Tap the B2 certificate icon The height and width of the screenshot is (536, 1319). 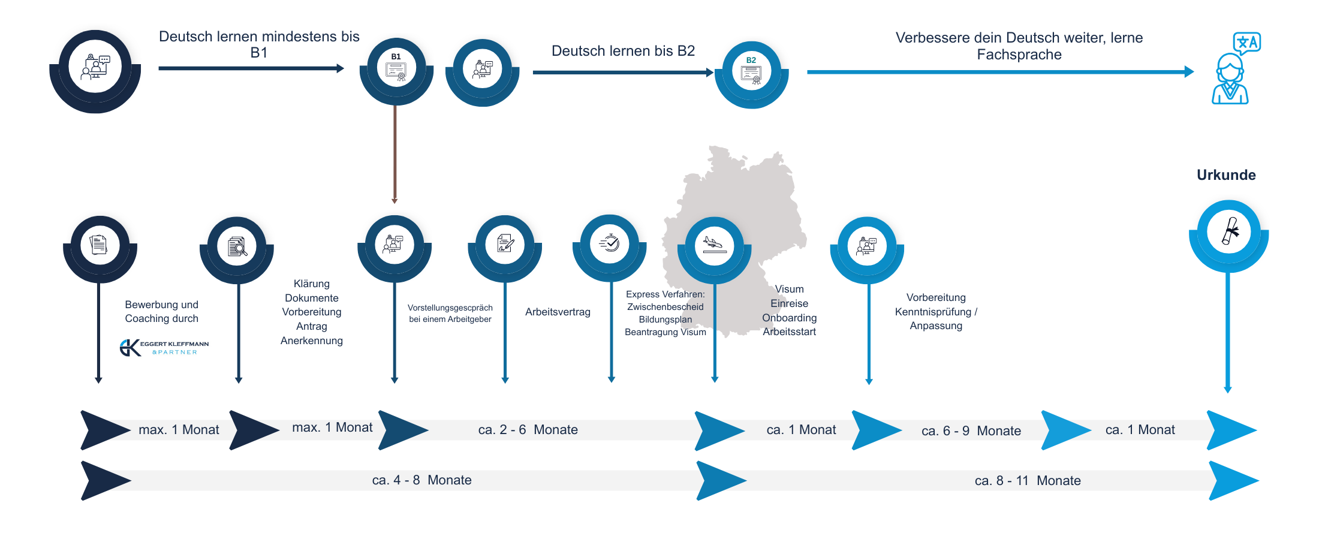pyautogui.click(x=751, y=73)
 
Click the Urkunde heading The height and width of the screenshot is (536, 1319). pyautogui.click(x=1226, y=175)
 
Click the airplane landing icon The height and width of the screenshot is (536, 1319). pyautogui.click(x=714, y=245)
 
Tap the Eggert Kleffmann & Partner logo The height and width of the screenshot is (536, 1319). pyautogui.click(x=164, y=348)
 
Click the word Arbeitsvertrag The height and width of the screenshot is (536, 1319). pyautogui.click(x=558, y=312)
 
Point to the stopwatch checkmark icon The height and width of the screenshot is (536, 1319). pyautogui.click(x=609, y=243)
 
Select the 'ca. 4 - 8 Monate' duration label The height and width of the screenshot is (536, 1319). pyautogui.click(x=421, y=480)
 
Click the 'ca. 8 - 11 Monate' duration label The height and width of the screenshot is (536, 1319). pyautogui.click(x=1028, y=481)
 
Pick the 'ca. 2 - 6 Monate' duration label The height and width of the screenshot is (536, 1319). pyautogui.click(x=528, y=430)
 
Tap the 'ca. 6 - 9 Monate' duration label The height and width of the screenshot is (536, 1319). pyautogui.click(x=971, y=431)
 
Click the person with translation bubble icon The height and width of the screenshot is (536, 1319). pyautogui.click(x=1233, y=69)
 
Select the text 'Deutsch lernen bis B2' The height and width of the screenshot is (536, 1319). pyautogui.click(x=623, y=51)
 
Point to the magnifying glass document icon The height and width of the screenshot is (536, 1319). pyautogui.click(x=237, y=246)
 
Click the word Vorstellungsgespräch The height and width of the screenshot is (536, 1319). pyautogui.click(x=450, y=308)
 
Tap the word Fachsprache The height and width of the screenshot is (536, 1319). pyautogui.click(x=1019, y=55)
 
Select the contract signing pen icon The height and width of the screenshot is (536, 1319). pyautogui.click(x=505, y=244)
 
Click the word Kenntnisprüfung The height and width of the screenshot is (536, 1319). pyautogui.click(x=933, y=312)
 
